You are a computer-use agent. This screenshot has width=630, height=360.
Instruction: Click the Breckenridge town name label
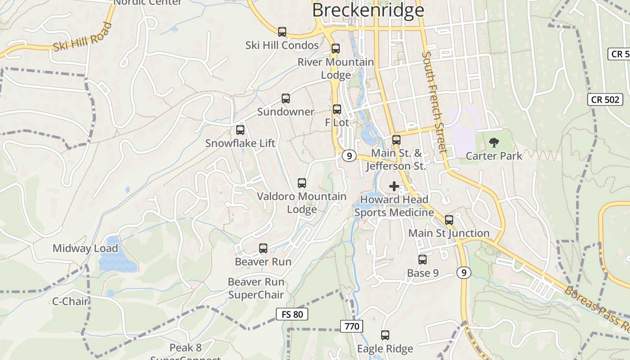368,10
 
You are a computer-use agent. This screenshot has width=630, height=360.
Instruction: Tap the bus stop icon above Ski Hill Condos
282,32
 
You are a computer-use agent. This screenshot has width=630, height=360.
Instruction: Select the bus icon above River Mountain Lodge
336,49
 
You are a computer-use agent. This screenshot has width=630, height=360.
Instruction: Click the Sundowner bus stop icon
286,99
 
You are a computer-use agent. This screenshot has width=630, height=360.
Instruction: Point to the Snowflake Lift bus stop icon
240,130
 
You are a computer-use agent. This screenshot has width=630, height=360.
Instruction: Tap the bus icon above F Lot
337,109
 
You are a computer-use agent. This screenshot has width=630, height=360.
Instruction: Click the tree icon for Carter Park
494,143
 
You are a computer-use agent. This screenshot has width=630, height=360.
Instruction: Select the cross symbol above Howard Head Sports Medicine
394,186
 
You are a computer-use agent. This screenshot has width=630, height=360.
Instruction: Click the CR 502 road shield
605,99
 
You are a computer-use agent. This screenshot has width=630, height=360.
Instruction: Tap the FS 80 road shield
292,314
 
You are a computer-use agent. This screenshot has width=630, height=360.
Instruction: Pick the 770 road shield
351,326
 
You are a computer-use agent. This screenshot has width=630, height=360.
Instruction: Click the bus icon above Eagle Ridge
385,335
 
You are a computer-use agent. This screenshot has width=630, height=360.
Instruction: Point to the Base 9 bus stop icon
423,260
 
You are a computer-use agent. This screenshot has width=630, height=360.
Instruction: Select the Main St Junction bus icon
449,220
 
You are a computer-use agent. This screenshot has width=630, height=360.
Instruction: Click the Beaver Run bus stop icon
263,248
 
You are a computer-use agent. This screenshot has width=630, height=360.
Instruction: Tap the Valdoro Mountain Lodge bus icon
302,183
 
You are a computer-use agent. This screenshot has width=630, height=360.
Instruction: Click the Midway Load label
85,248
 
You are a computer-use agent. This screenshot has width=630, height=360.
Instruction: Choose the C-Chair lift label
71,301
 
